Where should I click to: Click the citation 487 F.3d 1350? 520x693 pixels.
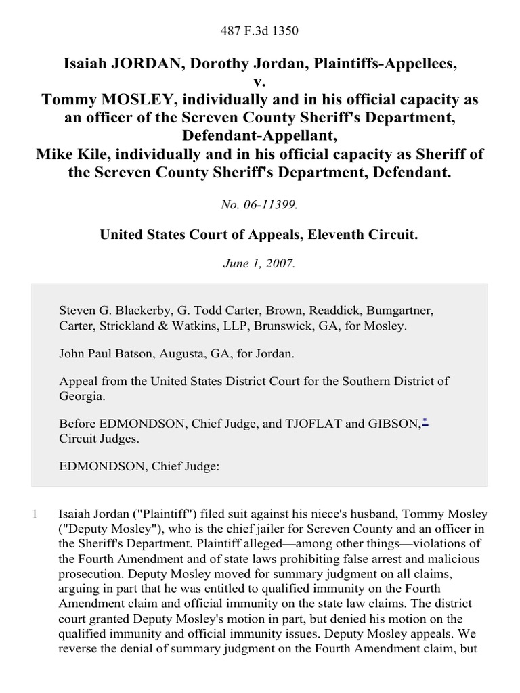260,30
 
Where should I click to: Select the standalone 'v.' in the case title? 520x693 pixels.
260,81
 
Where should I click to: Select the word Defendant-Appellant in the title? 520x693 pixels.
260,135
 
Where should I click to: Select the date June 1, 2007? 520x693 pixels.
260,264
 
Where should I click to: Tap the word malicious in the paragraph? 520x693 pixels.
456,560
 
